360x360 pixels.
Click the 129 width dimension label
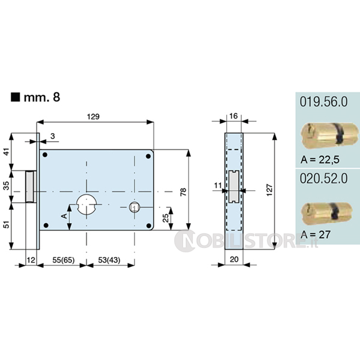click(93, 116)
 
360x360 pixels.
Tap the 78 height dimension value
click(183, 192)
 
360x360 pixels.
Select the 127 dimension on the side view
click(269, 190)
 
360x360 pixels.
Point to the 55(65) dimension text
click(64, 260)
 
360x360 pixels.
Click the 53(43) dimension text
click(109, 260)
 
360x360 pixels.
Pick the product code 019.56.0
click(324, 102)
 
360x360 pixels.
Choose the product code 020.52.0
click(324, 178)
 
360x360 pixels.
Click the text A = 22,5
click(320, 160)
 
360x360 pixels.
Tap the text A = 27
click(316, 234)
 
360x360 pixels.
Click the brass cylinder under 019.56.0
click(329, 134)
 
